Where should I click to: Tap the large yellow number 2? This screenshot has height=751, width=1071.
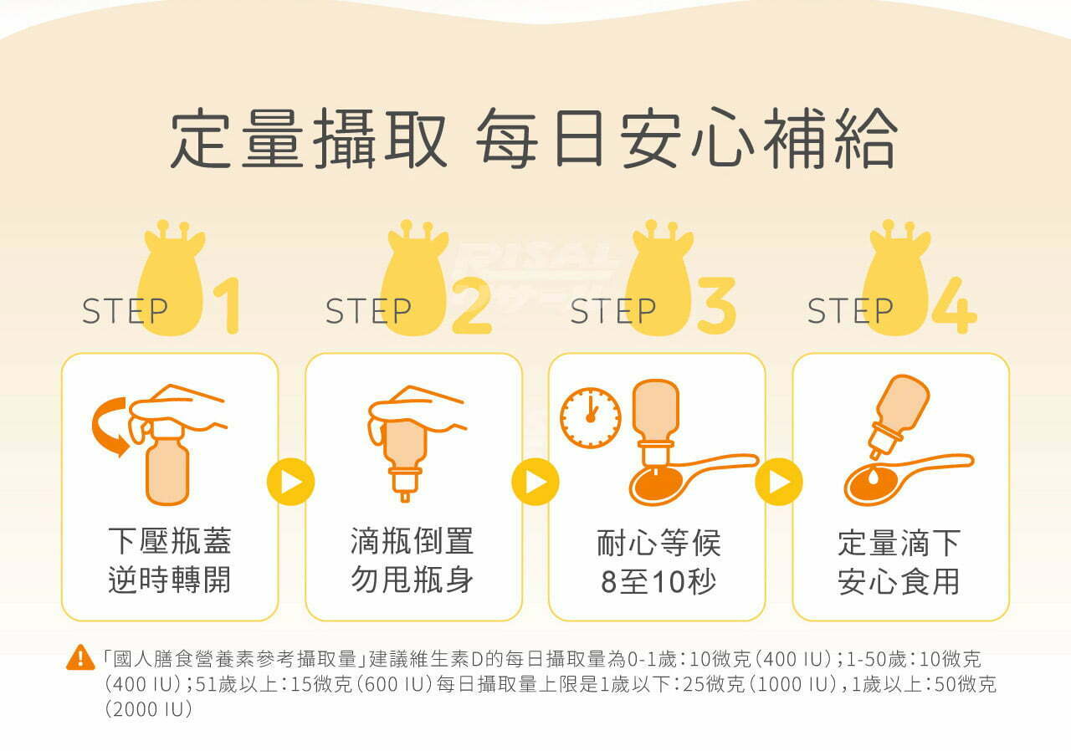click(x=471, y=306)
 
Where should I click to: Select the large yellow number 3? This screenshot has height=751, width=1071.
click(x=716, y=306)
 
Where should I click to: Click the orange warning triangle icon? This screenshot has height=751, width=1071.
click(x=80, y=658)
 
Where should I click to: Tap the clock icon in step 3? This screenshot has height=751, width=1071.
click(x=591, y=418)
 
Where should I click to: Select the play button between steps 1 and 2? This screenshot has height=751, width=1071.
click(x=290, y=482)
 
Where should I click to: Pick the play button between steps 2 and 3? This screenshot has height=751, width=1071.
click(x=535, y=482)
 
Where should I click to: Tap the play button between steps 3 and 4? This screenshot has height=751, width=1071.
click(x=779, y=482)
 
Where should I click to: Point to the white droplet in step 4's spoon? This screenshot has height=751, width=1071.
click(x=873, y=477)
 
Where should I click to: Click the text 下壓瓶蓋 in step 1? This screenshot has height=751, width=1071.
click(x=170, y=541)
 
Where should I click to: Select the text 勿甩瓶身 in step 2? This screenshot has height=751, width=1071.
click(x=413, y=580)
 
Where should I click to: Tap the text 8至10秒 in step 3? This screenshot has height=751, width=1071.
click(x=658, y=581)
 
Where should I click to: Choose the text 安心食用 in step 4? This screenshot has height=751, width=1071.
click(x=899, y=581)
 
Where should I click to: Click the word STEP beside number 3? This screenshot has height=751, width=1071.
click(x=613, y=311)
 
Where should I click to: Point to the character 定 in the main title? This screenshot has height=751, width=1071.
click(x=201, y=138)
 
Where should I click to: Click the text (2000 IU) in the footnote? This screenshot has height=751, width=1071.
click(x=149, y=709)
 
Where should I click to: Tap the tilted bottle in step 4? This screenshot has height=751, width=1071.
click(x=898, y=416)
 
